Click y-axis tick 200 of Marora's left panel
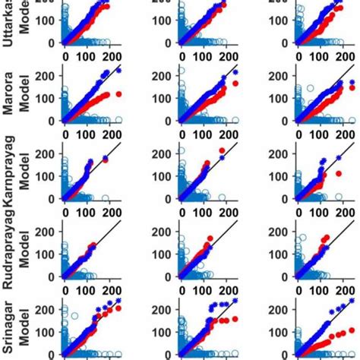coord(46,74)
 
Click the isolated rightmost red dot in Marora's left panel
coord(118,94)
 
